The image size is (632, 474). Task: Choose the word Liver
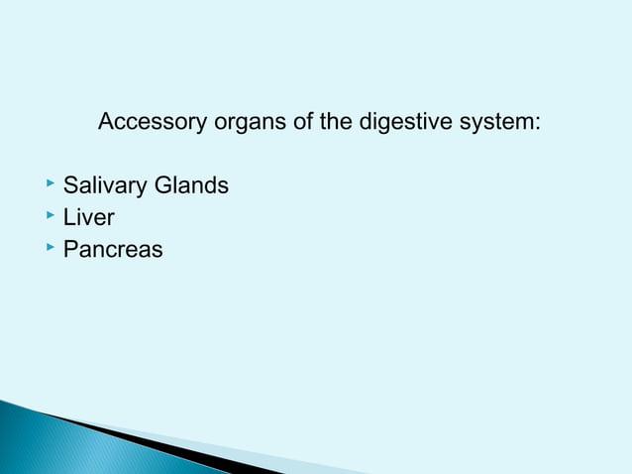pos(88,217)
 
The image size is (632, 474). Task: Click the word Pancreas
pos(113,249)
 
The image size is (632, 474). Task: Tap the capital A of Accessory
pos(107,124)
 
